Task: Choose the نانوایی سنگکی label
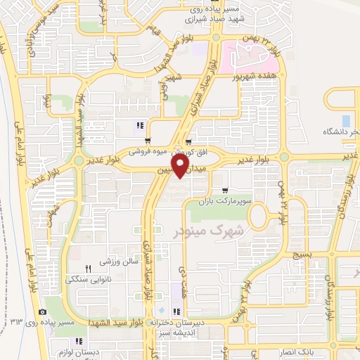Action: [x=90, y=278]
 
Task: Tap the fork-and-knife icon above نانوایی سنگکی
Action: [x=89, y=269]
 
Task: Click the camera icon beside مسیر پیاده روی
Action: [x=43, y=311]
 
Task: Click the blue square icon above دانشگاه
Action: [x=345, y=120]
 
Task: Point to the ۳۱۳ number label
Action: [x=17, y=321]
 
